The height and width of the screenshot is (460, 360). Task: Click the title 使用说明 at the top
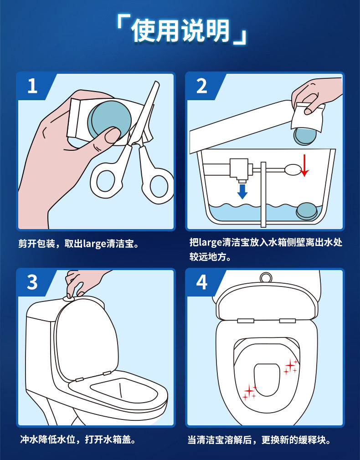point(180,31)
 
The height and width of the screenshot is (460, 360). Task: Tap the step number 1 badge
point(33,86)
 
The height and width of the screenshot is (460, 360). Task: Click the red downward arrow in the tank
point(304,165)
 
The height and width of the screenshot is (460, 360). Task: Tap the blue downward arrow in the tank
point(242,191)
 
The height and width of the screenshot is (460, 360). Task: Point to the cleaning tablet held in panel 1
point(109,119)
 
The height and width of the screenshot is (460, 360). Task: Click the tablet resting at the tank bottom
point(307,211)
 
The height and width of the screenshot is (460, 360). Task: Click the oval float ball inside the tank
point(293,170)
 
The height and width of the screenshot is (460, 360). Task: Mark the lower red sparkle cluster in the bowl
point(249,392)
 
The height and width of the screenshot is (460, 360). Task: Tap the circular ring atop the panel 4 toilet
point(266,277)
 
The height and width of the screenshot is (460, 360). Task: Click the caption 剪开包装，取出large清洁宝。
point(79,244)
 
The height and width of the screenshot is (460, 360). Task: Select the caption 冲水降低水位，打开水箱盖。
point(78,440)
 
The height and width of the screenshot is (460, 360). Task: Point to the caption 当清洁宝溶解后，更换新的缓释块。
point(260,440)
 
